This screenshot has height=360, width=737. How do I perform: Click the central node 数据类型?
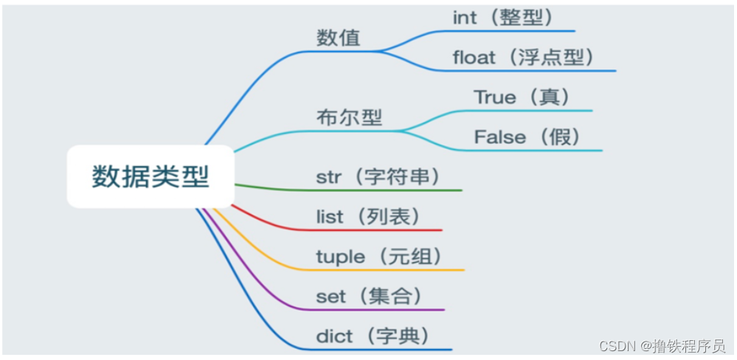pyautogui.click(x=150, y=177)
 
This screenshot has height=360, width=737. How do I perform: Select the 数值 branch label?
pyautogui.click(x=339, y=38)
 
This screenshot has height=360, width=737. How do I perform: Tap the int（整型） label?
pyautogui.click(x=503, y=18)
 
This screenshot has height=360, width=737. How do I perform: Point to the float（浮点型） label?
pyautogui.click(x=524, y=58)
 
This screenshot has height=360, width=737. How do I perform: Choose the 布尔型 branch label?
pyautogui.click(x=349, y=117)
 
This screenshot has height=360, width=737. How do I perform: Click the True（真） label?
pyautogui.click(x=522, y=97)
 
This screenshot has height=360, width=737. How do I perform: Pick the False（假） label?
pyautogui.click(x=527, y=137)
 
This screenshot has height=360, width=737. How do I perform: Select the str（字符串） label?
pyautogui.click(x=378, y=177)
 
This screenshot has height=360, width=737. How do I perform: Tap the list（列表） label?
pyautogui.click(x=368, y=217)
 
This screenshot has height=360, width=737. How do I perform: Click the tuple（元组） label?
pyautogui.click(x=379, y=257)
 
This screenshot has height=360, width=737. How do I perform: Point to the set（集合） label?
pyautogui.click(x=370, y=297)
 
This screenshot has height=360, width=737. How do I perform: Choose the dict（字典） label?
pyautogui.click(x=373, y=336)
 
